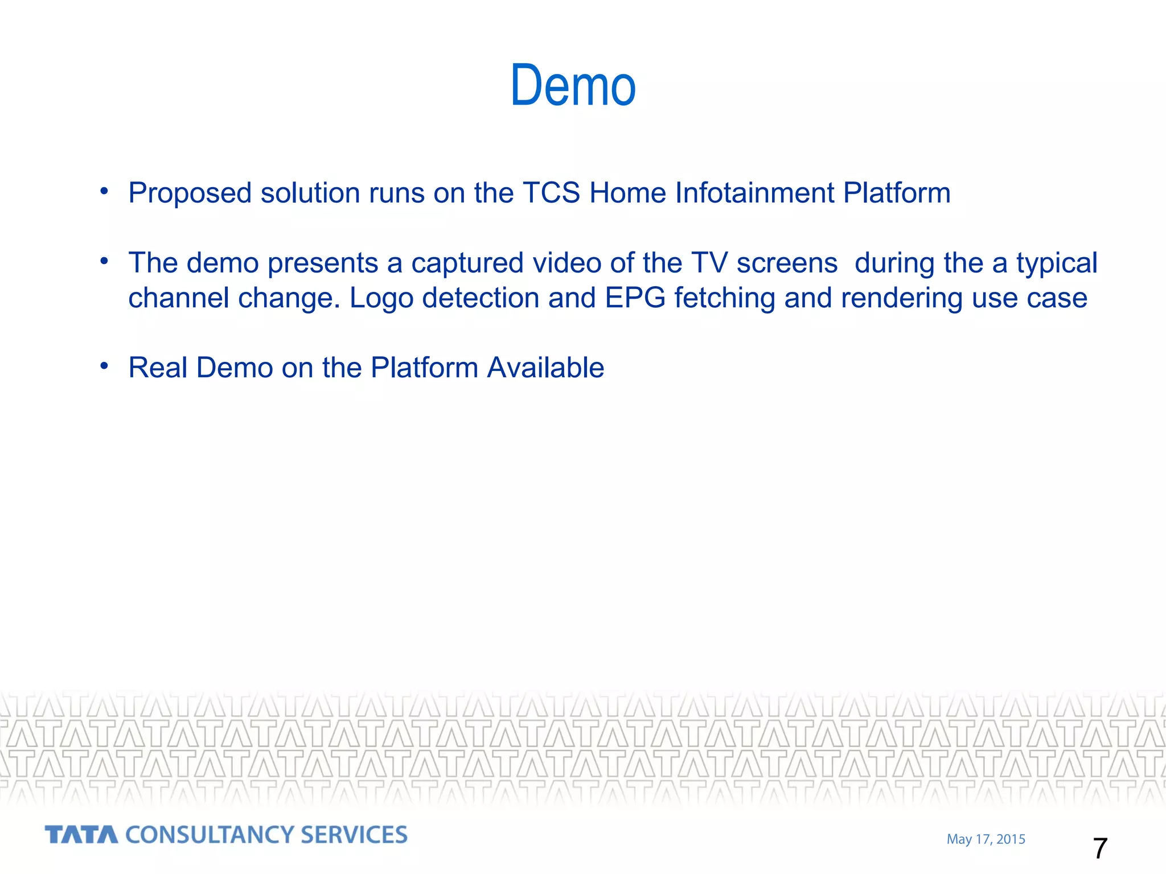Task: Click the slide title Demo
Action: coord(573,86)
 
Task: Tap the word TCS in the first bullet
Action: coord(551,193)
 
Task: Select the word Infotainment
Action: coord(754,193)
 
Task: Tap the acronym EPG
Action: coord(635,298)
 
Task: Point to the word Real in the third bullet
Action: coord(158,368)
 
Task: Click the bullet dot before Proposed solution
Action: coord(104,191)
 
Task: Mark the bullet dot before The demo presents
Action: coord(104,261)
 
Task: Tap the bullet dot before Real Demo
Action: coord(104,366)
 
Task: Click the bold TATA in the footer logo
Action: coord(81,835)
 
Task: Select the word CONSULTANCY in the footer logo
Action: coord(208,835)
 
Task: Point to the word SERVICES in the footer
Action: coord(354,835)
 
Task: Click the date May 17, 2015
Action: coord(986,839)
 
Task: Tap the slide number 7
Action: coord(1100,848)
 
